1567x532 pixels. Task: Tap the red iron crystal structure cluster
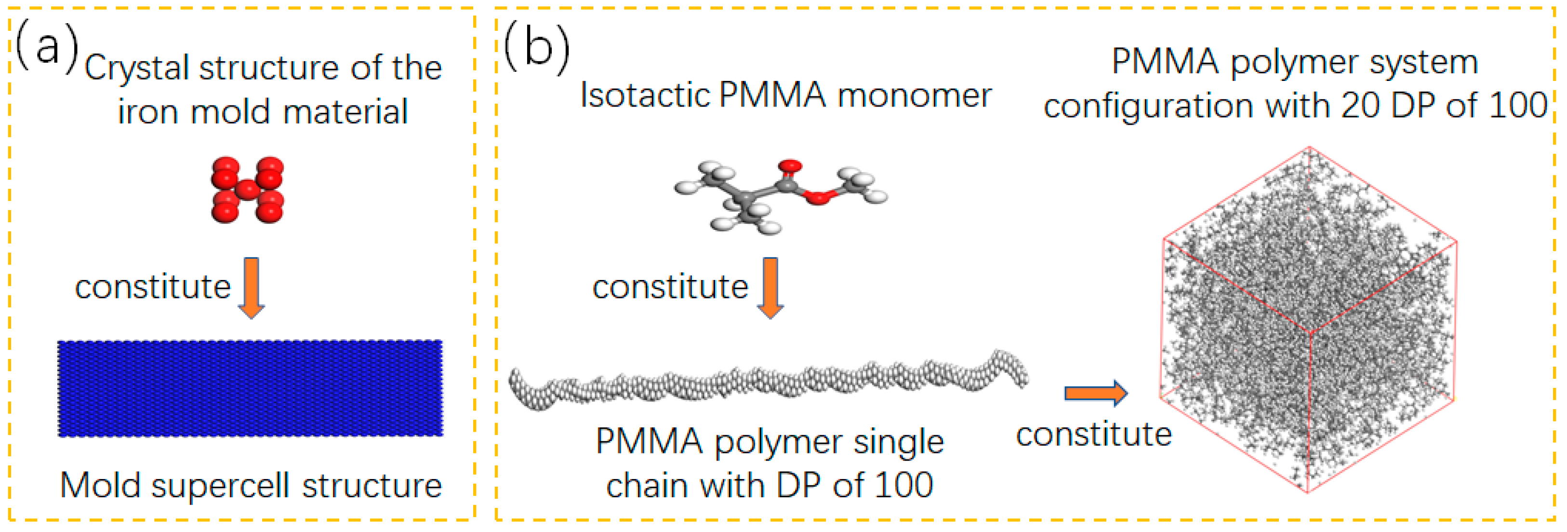[247, 190]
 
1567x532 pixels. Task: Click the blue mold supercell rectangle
[250, 388]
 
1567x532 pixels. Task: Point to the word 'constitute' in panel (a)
[153, 287]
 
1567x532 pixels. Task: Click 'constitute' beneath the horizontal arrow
[1094, 435]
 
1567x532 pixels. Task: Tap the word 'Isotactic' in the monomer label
[645, 95]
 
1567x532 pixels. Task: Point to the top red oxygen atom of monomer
[790, 165]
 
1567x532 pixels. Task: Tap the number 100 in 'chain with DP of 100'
[903, 486]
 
